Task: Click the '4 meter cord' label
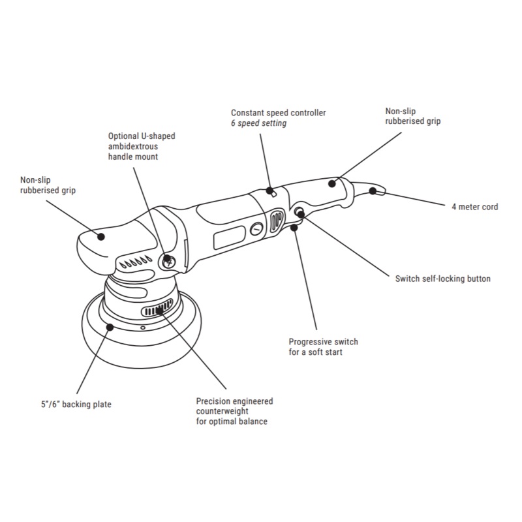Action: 474,207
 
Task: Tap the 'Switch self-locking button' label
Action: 442,279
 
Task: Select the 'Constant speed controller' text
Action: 278,113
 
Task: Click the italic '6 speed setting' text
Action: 259,123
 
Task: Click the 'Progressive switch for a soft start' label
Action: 323,347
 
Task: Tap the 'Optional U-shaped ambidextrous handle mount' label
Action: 142,147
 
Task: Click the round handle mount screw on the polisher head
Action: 168,261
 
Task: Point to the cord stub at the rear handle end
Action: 373,191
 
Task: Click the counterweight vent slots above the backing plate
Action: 159,307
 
